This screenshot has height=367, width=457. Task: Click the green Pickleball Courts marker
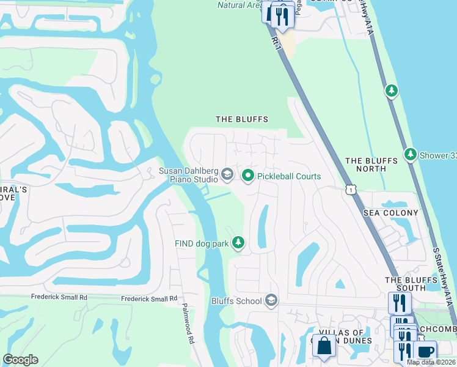[x=248, y=176]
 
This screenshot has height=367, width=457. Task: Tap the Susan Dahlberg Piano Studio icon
[x=227, y=176]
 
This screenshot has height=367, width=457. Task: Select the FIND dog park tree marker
[x=238, y=243]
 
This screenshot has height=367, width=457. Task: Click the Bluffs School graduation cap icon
[x=271, y=300]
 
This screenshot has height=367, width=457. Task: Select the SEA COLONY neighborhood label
[x=391, y=213]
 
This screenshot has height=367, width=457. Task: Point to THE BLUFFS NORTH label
[x=371, y=165]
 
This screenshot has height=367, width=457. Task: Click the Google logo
[x=20, y=360]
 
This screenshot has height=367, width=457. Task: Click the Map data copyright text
[x=431, y=362]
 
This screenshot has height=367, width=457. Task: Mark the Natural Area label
[x=240, y=6]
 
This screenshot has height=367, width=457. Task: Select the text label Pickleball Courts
[x=289, y=176]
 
